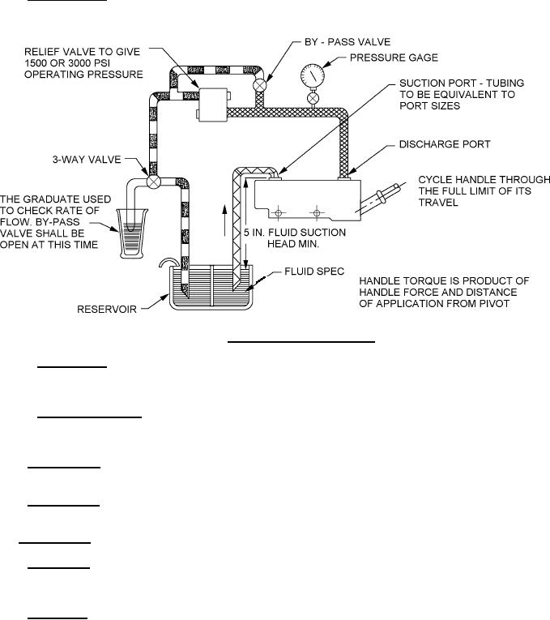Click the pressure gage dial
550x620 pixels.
312,75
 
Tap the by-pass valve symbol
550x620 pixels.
260,85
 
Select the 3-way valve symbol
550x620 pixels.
153,182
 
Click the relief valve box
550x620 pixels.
213,105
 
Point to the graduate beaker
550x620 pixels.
132,233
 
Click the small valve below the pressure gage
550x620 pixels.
313,97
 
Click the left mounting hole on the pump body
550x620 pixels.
278,213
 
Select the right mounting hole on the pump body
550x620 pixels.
317,213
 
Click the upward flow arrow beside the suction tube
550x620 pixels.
225,220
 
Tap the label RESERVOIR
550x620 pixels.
107,310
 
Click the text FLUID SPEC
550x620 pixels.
314,272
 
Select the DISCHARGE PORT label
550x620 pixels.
445,144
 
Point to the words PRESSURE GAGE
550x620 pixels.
394,58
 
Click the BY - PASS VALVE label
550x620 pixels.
347,42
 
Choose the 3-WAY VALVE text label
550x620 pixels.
87,160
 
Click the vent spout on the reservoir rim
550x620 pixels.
168,263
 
